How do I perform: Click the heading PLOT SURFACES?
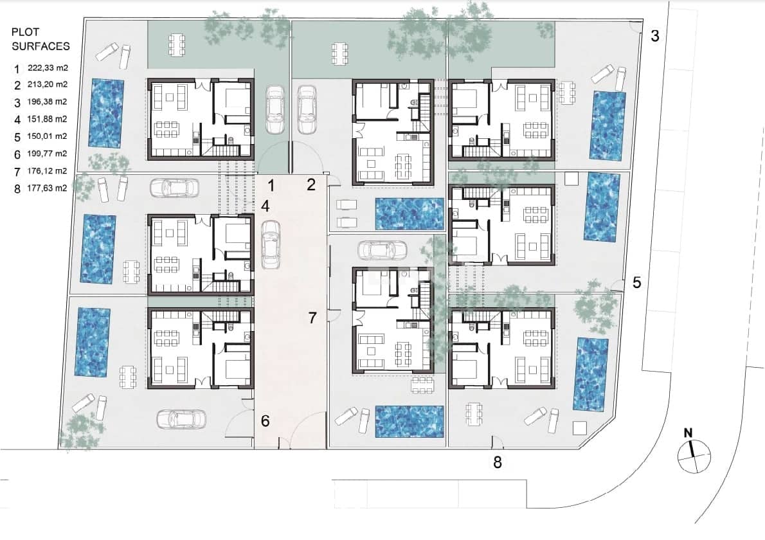pos(40,39)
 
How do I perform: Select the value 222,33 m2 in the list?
pos(48,67)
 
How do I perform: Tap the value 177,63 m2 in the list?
pos(48,188)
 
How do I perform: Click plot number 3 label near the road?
pos(654,36)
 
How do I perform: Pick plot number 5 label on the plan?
pos(636,282)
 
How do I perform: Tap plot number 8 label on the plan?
pos(497,462)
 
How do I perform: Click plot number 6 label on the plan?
pos(265,421)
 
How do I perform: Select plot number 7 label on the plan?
pos(312,318)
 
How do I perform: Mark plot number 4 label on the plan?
pos(265,206)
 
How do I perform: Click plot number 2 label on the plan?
pos(311,186)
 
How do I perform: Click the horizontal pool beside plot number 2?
pos(409,213)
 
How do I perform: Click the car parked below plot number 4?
pos(271,244)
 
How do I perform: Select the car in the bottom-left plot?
pos(182,419)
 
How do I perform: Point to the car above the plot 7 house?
pos(382,249)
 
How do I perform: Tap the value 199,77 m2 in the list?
pos(48,154)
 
